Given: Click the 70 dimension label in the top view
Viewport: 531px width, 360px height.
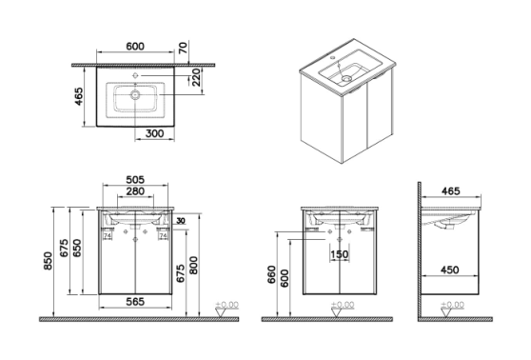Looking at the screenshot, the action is [x=183, y=48].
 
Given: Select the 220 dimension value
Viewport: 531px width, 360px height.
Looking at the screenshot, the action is [x=196, y=78].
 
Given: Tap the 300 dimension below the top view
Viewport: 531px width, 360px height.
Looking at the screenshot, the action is [x=155, y=133].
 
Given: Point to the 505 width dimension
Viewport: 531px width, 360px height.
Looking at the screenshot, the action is [x=135, y=179].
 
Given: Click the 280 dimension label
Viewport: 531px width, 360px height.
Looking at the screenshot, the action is [x=135, y=191].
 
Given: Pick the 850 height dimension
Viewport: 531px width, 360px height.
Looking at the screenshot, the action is [x=49, y=261].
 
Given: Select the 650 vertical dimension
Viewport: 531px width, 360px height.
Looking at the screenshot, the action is [x=77, y=248].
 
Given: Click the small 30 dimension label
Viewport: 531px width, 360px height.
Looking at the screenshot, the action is [x=181, y=221].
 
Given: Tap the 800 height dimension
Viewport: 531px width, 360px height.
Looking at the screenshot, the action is [x=193, y=266].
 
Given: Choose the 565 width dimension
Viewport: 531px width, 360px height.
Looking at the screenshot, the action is [x=135, y=301].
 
